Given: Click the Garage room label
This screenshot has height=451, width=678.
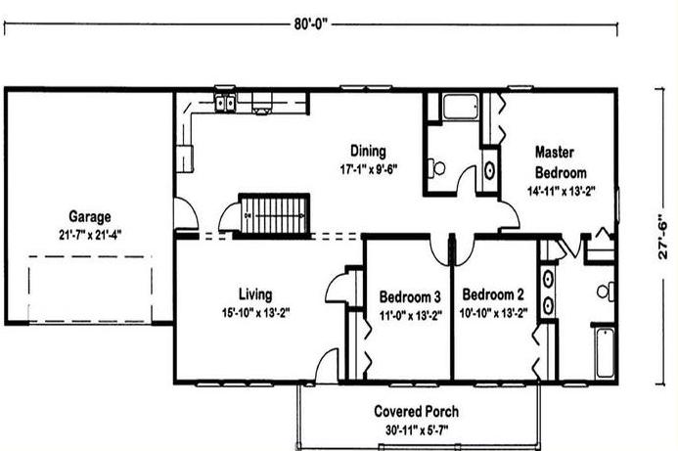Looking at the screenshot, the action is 89,216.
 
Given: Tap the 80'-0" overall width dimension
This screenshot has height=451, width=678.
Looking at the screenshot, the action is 311,24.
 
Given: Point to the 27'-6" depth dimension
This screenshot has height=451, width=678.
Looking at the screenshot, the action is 662,237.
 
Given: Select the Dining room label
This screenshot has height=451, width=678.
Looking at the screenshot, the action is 368,151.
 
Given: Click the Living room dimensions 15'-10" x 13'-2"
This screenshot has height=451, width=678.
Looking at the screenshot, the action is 255,313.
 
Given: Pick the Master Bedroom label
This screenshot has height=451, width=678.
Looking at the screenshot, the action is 561,162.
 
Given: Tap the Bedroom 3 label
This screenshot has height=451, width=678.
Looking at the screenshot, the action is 410,297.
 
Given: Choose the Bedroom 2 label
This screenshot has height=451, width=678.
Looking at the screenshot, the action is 493,294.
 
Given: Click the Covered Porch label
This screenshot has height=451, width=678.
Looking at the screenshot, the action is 417,411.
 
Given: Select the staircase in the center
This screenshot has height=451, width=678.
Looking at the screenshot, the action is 274,215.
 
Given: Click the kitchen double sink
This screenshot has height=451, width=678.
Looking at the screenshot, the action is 225,104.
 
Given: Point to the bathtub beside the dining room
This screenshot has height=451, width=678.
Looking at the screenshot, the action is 461,107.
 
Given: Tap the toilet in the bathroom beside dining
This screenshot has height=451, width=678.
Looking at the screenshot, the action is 436,167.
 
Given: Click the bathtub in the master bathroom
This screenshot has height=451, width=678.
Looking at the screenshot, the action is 605,353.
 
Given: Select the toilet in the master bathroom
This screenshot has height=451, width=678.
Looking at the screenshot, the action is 606,292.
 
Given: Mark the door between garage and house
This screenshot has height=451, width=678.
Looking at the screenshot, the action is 186,213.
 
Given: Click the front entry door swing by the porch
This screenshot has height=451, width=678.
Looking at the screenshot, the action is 327,366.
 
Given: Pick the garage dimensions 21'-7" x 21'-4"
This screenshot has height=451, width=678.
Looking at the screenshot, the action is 90,235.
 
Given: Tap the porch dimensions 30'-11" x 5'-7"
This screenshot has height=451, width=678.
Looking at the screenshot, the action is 417,430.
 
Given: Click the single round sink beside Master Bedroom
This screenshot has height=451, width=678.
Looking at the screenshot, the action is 489,170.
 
